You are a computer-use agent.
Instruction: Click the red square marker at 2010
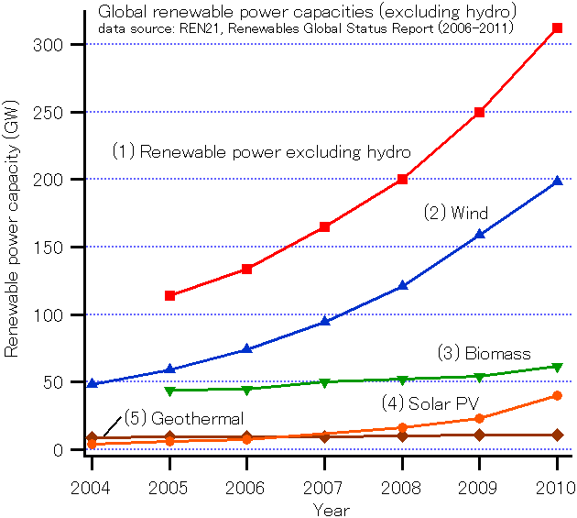click(558, 28)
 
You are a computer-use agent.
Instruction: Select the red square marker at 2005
click(169, 295)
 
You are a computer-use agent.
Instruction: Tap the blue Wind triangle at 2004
click(92, 383)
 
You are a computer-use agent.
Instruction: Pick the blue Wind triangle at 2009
click(480, 235)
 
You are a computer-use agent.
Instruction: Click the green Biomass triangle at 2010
click(558, 367)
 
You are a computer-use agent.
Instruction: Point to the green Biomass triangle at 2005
click(169, 391)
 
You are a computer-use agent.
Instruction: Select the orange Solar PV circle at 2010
click(558, 396)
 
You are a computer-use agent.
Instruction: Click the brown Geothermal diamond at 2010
click(558, 435)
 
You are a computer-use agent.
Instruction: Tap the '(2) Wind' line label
click(455, 214)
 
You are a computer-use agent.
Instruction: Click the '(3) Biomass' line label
click(483, 354)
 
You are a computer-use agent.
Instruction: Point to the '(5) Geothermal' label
click(171, 418)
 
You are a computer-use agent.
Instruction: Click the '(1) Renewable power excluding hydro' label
click(261, 151)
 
